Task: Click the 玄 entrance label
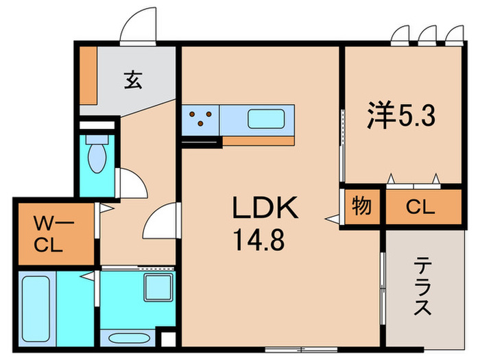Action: pos(133,81)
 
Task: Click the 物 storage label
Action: pos(361,206)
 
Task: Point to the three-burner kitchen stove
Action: pos(200,119)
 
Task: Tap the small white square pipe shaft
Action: pos(166,339)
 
